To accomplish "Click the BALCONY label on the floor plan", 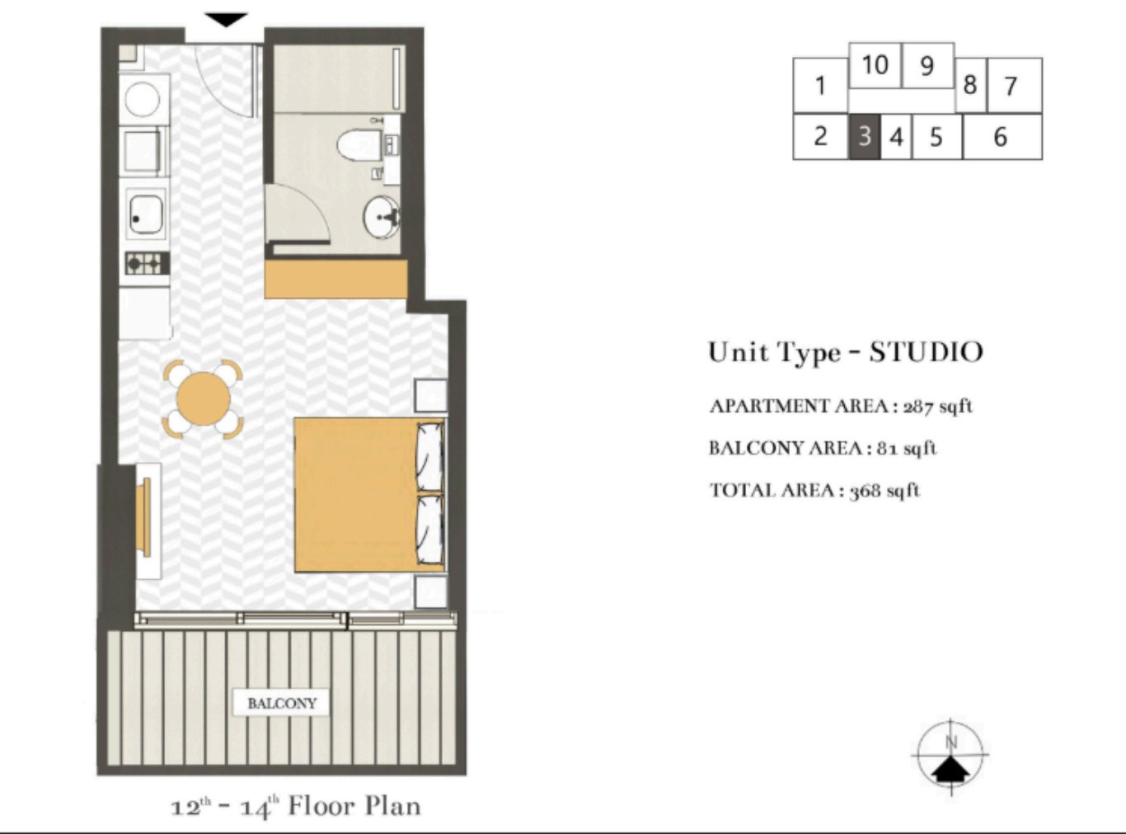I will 282,704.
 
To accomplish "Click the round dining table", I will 203,398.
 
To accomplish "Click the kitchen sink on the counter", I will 147,214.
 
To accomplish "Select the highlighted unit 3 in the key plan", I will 864,136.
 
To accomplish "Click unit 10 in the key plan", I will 875,65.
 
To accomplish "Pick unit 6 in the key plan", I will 1001,136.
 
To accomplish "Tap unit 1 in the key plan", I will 820,85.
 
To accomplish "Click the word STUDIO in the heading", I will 926,352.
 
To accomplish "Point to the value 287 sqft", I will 938,406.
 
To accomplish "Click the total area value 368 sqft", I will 884,491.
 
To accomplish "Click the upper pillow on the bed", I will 429,456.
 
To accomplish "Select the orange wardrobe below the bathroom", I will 335,280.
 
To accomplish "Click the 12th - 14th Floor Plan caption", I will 295,806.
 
